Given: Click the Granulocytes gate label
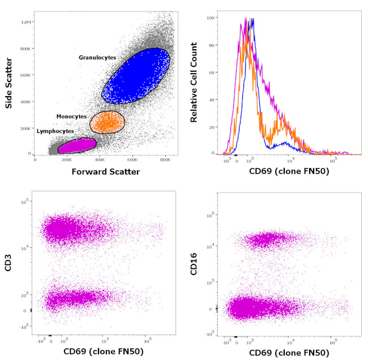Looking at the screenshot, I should pyautogui.click(x=98, y=57).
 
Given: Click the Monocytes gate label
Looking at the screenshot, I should pyautogui.click(x=71, y=116).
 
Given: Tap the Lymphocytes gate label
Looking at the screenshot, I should pyautogui.click(x=55, y=131).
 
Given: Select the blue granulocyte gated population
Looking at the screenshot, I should pyautogui.click(x=136, y=76).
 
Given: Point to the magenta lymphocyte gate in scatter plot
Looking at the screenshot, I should pyautogui.click(x=76, y=145).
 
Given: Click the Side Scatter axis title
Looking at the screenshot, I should pyautogui.click(x=8, y=86).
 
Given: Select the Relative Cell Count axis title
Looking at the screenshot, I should pyautogui.click(x=194, y=85).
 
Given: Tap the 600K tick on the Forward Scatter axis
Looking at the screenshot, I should pyautogui.click(x=132, y=160).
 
